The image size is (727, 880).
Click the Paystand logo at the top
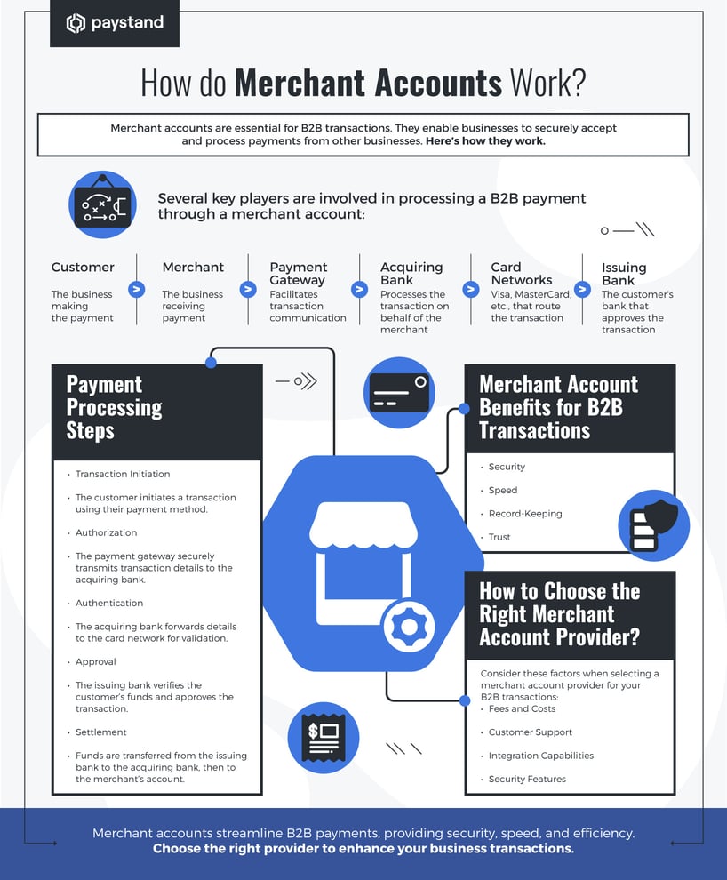[115, 23]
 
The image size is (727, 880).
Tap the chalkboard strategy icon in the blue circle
[102, 204]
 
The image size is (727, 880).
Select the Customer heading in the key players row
[83, 268]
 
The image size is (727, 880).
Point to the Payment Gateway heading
[299, 274]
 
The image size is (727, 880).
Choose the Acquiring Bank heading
[411, 274]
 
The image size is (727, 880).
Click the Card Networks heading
[522, 274]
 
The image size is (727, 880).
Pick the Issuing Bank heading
[624, 274]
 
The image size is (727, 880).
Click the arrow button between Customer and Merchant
[136, 289]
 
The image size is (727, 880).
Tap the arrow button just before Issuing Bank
[582, 289]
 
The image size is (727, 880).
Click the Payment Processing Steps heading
[115, 408]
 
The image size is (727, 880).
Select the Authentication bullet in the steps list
[109, 604]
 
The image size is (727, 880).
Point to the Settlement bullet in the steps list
[101, 732]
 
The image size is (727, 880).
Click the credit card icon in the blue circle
[399, 392]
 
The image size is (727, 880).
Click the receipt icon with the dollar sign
[324, 737]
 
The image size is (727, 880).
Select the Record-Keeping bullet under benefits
[525, 514]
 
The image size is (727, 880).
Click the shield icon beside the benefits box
[653, 524]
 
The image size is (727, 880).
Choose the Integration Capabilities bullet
[541, 756]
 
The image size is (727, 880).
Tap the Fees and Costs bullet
[522, 708]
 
